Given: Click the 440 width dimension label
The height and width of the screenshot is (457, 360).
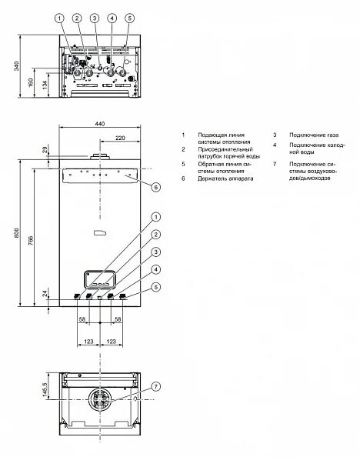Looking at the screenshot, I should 99,124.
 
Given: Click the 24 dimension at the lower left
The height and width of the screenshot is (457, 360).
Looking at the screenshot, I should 45,294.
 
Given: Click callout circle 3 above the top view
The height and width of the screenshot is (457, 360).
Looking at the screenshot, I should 94,18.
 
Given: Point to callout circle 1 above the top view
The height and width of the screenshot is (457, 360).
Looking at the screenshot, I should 59,18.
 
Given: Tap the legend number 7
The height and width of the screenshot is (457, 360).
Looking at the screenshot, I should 274,164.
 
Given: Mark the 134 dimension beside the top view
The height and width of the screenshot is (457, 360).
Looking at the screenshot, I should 45,84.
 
